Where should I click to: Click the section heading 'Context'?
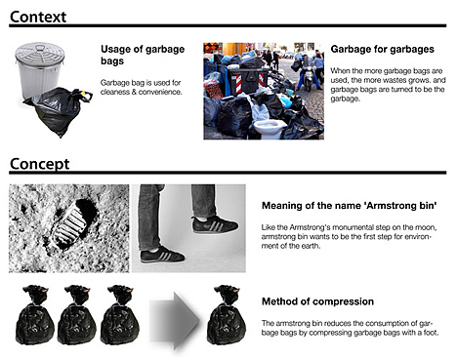click(x=38, y=17)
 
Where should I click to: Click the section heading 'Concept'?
click(x=40, y=164)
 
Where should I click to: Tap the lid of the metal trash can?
click(x=40, y=52)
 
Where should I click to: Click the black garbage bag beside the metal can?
click(x=59, y=110)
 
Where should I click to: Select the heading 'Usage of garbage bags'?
click(x=143, y=55)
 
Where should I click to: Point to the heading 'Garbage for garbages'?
click(x=383, y=49)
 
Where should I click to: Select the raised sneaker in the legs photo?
click(x=215, y=224)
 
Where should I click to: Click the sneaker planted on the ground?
click(x=162, y=255)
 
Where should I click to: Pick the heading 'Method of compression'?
click(x=317, y=301)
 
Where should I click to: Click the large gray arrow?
click(x=175, y=321)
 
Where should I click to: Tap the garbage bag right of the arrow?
click(x=227, y=315)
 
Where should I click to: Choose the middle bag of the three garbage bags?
click(x=77, y=315)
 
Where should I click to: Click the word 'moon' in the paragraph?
click(x=426, y=227)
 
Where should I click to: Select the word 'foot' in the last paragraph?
click(x=430, y=333)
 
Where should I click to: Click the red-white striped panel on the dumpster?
click(x=238, y=83)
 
